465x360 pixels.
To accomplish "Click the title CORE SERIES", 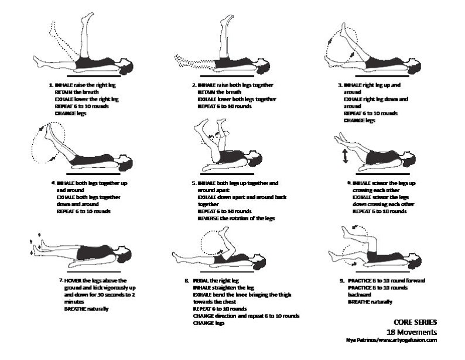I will coord(415,322).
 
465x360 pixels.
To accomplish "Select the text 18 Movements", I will coord(415,331).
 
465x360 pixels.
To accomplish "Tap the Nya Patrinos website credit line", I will coord(392,340).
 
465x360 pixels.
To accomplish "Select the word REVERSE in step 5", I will coord(207,218).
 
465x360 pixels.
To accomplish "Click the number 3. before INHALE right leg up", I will coord(340,85).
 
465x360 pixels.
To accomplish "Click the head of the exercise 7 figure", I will coord(125,254).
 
